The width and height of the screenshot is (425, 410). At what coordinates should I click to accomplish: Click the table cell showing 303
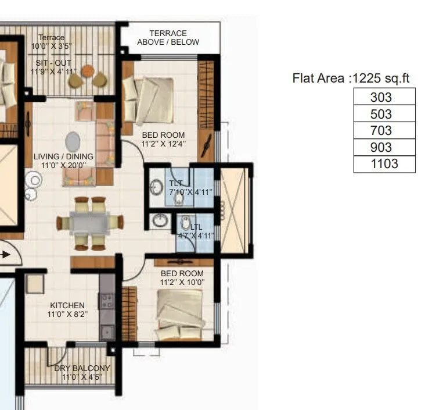point(384,97)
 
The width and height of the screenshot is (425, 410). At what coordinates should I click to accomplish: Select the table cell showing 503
point(384,114)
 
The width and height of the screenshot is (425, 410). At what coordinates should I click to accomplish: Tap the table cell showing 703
point(384,131)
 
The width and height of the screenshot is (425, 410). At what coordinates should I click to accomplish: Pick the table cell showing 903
point(384,147)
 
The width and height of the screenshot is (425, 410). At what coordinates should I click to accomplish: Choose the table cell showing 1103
point(384,164)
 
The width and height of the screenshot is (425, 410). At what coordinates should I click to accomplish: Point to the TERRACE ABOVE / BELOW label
point(168,38)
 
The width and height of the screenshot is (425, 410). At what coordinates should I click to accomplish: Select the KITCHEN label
point(67,305)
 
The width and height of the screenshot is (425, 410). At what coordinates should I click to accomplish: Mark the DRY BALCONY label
point(82,368)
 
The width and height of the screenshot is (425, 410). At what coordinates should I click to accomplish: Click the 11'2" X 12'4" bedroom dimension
point(164,144)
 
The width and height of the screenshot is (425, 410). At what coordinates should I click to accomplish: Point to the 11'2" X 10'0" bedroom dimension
point(182,283)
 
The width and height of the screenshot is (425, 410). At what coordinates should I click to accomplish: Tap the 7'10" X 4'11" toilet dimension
point(190,191)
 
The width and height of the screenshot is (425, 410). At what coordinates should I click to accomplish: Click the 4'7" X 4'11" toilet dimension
point(196,236)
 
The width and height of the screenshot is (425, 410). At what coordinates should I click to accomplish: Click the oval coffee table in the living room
point(74,141)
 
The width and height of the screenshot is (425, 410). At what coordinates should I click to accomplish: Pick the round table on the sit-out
point(88,71)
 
